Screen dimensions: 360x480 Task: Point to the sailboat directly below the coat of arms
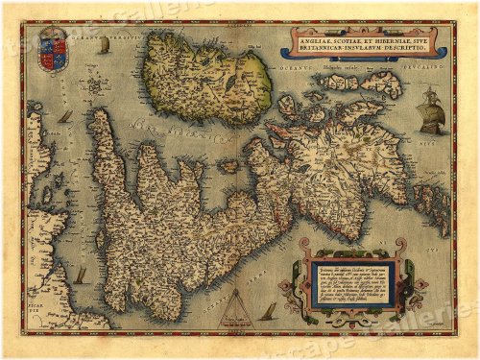click(x=65, y=117)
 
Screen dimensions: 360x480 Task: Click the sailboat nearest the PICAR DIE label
click(x=80, y=276)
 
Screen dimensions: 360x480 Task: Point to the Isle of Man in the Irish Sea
click(x=228, y=167)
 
